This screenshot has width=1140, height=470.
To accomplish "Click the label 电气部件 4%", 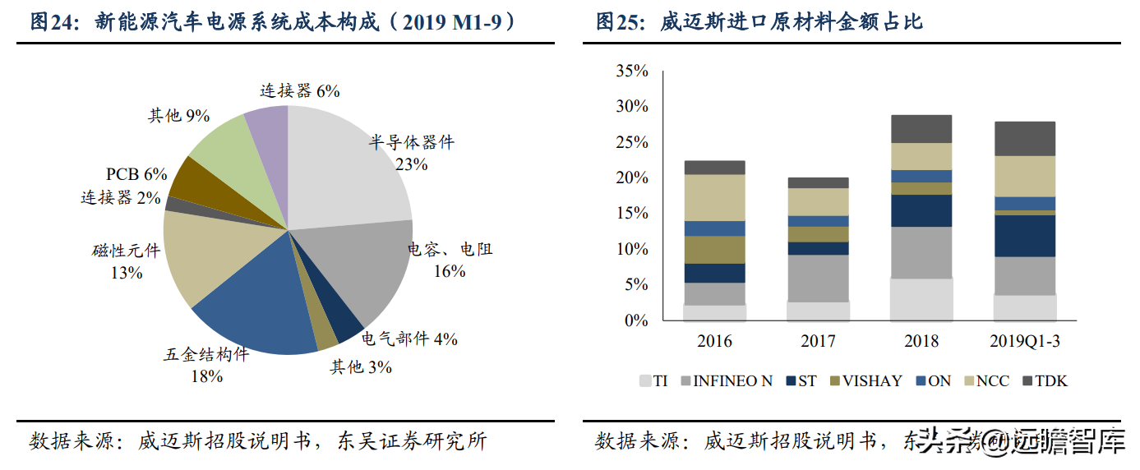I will point(409,338).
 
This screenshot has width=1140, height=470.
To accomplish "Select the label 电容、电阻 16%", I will point(450,259).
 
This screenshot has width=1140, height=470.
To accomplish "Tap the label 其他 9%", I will point(178,116).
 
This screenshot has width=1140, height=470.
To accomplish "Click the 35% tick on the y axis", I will point(631,71).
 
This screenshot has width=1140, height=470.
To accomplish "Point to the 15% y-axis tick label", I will point(631,214).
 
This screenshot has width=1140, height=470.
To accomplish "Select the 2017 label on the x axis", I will point(817,341).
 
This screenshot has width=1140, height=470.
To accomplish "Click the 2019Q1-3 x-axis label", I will point(1025,341).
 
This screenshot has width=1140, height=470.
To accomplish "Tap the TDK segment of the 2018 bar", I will point(921,129).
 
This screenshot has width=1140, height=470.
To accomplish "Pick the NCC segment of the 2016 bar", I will point(714,197).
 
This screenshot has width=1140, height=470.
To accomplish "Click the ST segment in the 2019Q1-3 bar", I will point(1025,236).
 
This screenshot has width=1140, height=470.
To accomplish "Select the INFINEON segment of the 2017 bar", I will point(817,278).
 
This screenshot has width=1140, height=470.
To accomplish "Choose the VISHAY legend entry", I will point(865,381).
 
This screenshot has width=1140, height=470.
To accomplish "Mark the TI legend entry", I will point(653,381).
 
